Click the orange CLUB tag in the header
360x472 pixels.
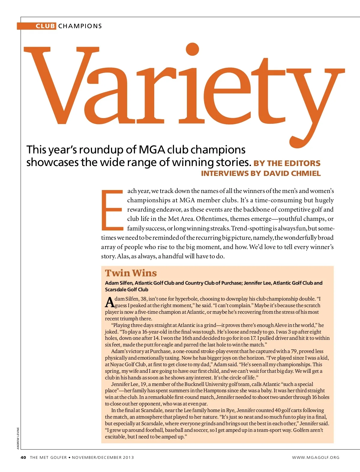(45, 26)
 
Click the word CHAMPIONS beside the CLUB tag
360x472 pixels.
(80, 26)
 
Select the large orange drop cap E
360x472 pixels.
(112, 209)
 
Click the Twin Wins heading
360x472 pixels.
(131, 273)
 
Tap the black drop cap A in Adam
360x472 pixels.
(110, 302)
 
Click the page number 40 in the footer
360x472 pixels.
(23, 457)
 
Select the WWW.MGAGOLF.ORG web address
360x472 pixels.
(316, 457)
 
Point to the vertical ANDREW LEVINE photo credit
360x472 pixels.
(18, 438)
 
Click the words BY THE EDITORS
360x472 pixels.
(287, 163)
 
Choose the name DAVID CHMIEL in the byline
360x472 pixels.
(292, 174)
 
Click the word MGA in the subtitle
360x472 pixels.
(151, 150)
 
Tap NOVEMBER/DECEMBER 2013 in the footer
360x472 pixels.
(103, 457)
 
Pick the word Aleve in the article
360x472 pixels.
(281, 325)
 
